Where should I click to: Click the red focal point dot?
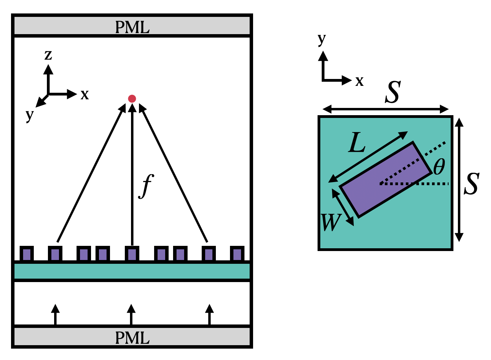click(x=132, y=99)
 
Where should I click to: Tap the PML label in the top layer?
click(x=132, y=27)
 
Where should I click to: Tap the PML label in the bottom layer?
click(x=132, y=338)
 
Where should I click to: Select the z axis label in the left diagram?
click(x=48, y=55)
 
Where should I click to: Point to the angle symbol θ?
click(x=439, y=167)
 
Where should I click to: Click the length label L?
click(x=357, y=143)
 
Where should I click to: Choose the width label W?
click(x=330, y=222)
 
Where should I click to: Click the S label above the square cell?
click(x=393, y=92)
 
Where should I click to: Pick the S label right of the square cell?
click(x=471, y=184)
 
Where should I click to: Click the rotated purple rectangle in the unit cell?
click(x=385, y=179)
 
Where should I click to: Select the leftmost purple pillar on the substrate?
click(x=27, y=254)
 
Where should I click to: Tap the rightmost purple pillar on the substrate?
click(x=237, y=254)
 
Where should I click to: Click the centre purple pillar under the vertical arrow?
click(x=132, y=254)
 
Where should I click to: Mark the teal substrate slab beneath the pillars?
click(x=132, y=271)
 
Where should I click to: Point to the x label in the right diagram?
click(x=360, y=81)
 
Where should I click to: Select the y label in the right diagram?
click(x=322, y=39)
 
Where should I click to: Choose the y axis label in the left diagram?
click(x=30, y=115)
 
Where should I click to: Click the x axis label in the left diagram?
click(x=84, y=94)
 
